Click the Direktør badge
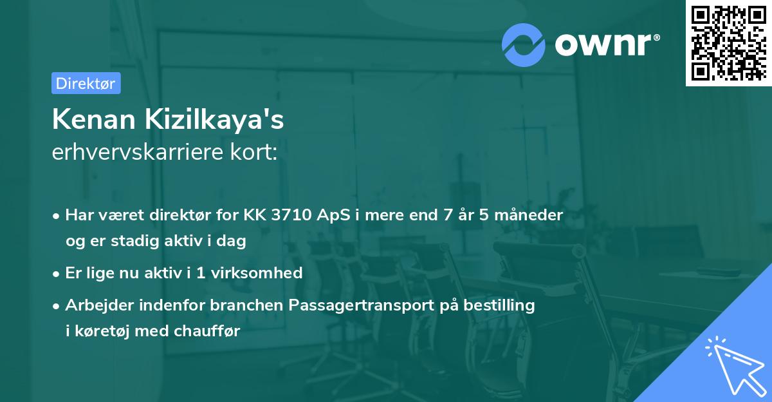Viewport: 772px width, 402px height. (86, 83)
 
